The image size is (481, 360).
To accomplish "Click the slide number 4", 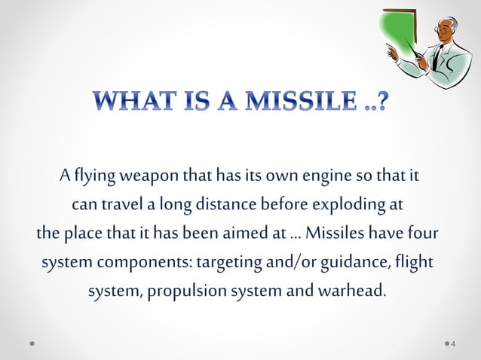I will click(x=452, y=345).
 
